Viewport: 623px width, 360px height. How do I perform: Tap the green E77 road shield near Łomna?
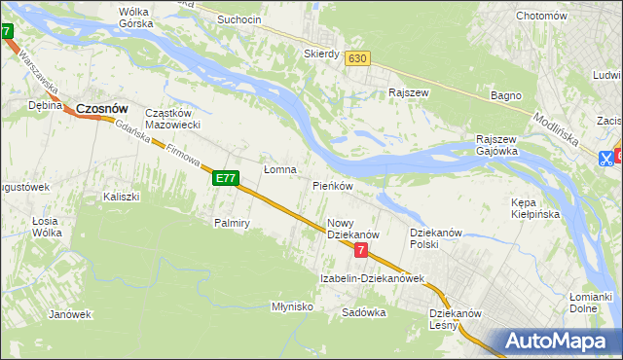click(x=226, y=178)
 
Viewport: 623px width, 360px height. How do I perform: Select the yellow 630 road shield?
click(x=357, y=58)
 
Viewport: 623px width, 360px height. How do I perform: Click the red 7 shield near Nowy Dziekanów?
click(x=361, y=250)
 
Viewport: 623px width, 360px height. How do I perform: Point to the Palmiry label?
click(x=233, y=223)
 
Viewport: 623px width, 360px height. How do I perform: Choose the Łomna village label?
click(x=280, y=169)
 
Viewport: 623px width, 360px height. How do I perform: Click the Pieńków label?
click(x=332, y=185)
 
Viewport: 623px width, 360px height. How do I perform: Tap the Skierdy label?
click(x=321, y=54)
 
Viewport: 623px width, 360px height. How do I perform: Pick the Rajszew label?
click(x=410, y=93)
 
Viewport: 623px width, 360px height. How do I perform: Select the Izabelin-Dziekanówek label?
click(x=373, y=278)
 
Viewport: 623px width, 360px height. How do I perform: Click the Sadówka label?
click(x=365, y=313)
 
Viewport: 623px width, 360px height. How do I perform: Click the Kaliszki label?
click(x=122, y=197)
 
